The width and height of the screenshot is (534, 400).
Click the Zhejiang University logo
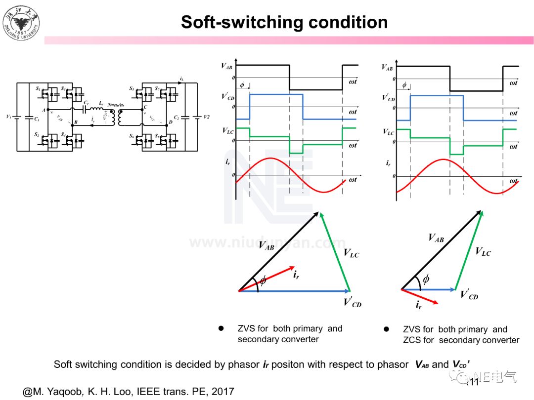[x=21, y=22]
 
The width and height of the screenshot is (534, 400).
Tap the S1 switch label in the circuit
[x=38, y=89]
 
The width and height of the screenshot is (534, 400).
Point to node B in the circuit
[x=76, y=122]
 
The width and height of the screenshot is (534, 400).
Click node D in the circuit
[x=170, y=121]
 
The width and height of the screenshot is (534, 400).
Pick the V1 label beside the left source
[x=8, y=117]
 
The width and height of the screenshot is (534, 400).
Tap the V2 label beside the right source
[x=206, y=117]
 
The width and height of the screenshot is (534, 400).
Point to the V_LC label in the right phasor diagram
[x=483, y=252]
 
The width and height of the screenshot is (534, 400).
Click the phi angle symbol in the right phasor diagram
[x=426, y=279]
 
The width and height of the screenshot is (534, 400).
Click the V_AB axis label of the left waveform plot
[x=227, y=66]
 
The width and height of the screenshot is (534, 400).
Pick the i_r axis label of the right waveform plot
[x=388, y=162]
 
